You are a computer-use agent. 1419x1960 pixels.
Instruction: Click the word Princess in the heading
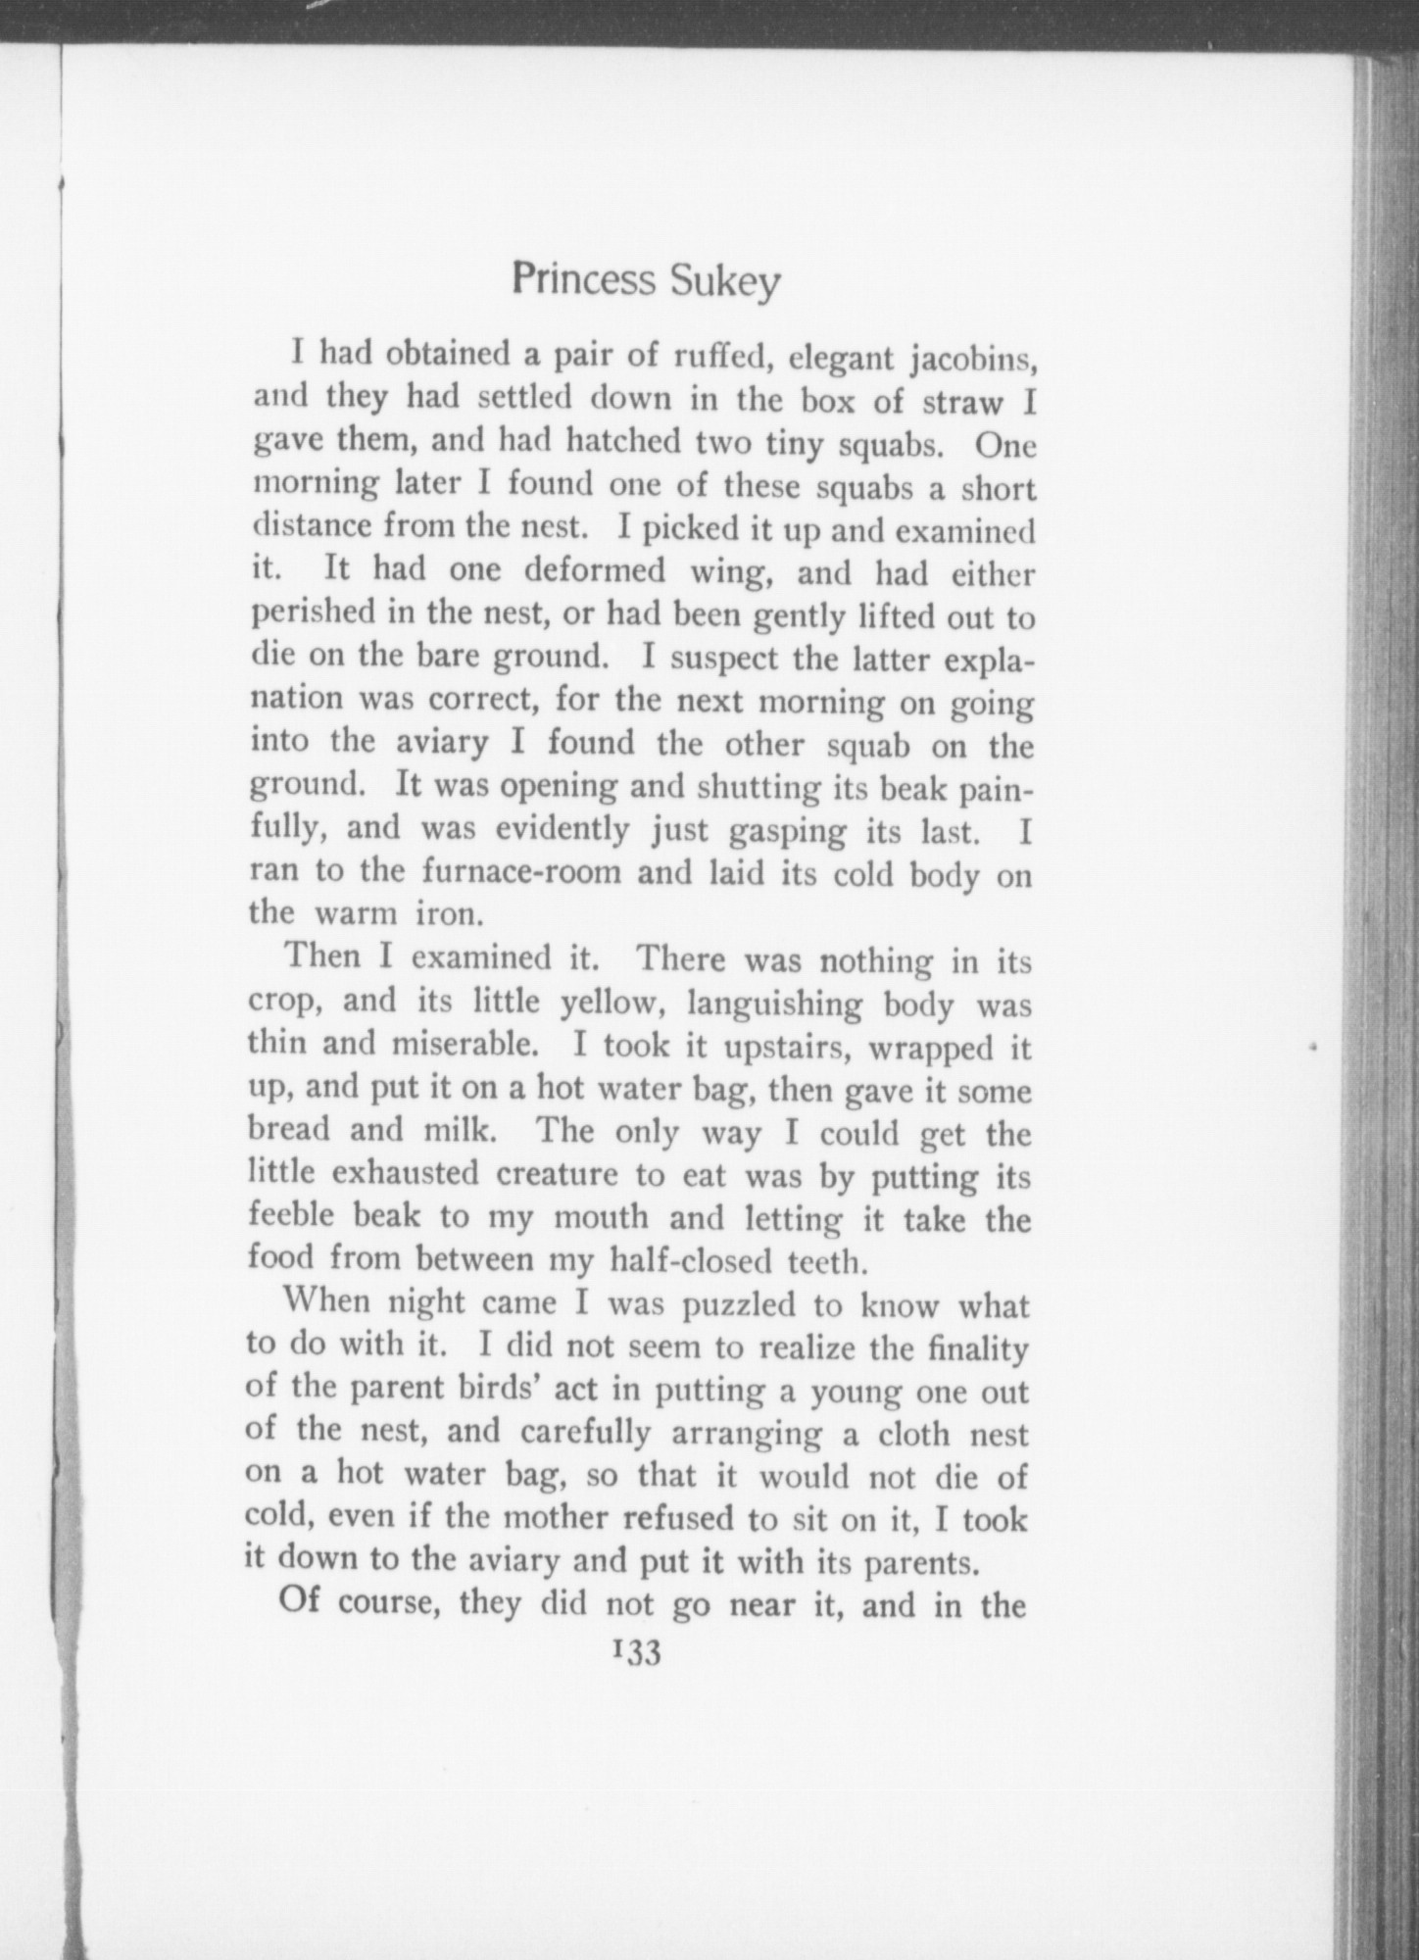(584, 281)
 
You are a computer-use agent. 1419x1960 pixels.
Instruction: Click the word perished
(312, 614)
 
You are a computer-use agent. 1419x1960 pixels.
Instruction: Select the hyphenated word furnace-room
(522, 870)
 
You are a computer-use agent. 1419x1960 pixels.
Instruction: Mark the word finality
(977, 1349)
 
